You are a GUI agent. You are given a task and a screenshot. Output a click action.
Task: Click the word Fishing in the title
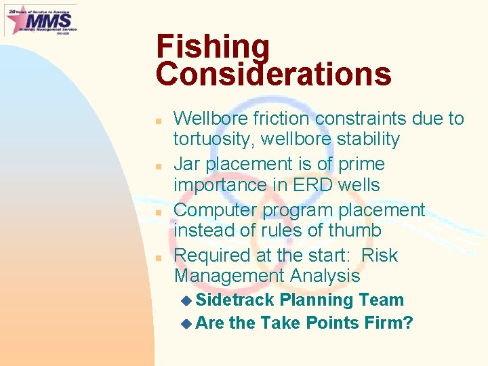213,48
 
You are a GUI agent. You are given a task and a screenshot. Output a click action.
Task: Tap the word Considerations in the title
273,74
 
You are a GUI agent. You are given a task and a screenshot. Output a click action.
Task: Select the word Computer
216,210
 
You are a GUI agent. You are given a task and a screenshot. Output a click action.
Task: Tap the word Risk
380,256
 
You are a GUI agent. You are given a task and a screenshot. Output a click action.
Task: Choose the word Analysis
323,276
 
